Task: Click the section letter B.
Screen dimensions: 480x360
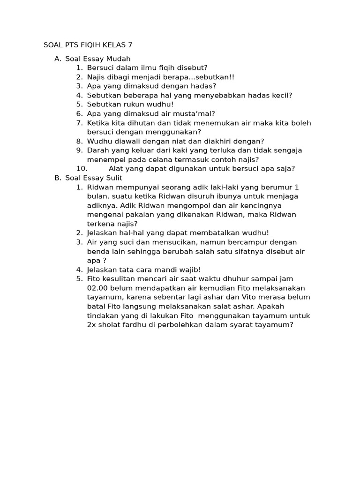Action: pos(57,178)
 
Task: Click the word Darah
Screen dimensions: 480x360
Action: pos(97,150)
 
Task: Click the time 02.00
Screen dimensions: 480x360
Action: pos(97,288)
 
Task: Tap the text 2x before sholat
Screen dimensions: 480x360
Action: pos(91,324)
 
